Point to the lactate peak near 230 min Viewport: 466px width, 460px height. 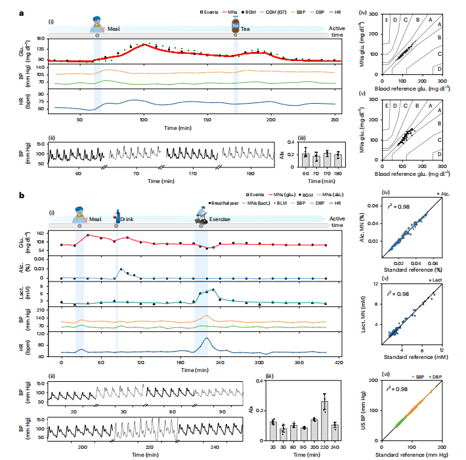coord(212,289)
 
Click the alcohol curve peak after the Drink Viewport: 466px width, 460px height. coord(121,269)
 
